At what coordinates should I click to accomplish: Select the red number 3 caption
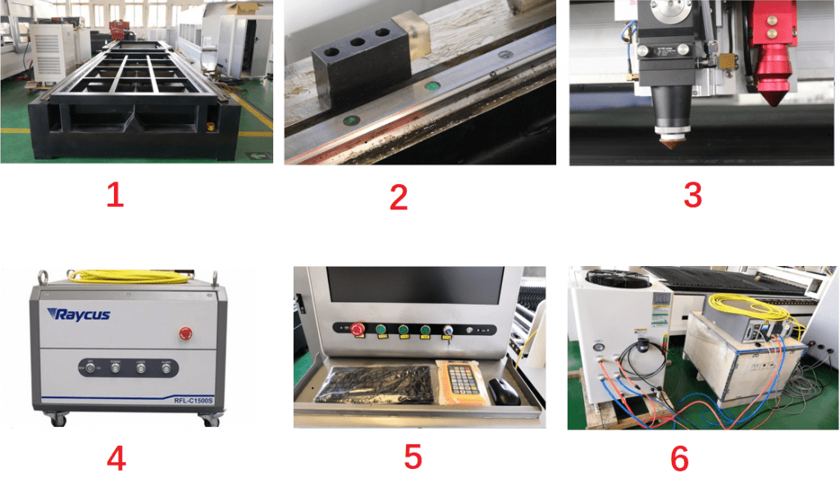pyautogui.click(x=692, y=195)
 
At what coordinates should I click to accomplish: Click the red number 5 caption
pyautogui.click(x=413, y=457)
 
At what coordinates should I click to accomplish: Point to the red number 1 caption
pyautogui.click(x=115, y=195)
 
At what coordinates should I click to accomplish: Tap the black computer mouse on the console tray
pyautogui.click(x=503, y=392)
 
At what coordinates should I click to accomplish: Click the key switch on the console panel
pyautogui.click(x=447, y=331)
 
